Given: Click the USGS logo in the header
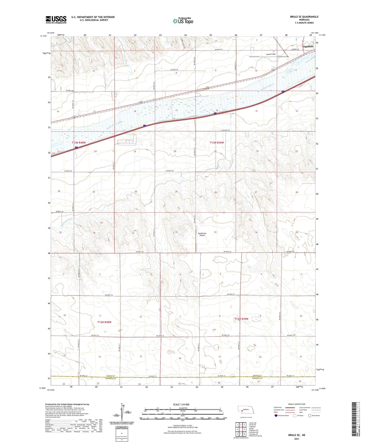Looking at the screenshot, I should click(x=56, y=19).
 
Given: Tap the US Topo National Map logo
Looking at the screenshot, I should click(x=183, y=21).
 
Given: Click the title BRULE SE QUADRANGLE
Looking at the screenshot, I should click(x=304, y=17).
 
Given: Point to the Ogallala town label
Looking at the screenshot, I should click(x=308, y=47).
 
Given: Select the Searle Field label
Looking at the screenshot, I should click(x=271, y=54).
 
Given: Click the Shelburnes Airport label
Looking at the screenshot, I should click(x=202, y=234).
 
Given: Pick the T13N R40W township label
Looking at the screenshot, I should click(x=79, y=143).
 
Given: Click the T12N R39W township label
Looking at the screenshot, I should click(x=241, y=319).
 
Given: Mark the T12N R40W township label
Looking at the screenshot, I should click(x=104, y=322).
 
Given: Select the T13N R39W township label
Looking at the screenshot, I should click(x=217, y=143).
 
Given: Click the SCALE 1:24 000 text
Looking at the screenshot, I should click(x=181, y=405).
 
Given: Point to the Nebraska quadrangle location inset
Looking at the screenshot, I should click(x=246, y=411).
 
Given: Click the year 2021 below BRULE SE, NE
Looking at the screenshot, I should click(x=296, y=439).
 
